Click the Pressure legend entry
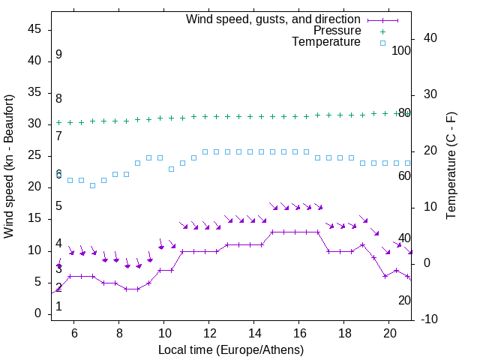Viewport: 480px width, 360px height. coord(337,31)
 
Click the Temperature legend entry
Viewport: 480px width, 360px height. coord(326,42)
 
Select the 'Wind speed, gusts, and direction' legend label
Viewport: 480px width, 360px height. coord(274,19)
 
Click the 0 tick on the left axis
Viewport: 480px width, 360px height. coord(37,313)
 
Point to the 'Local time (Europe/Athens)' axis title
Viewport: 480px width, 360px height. coord(231,349)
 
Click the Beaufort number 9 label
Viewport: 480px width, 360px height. coord(58,55)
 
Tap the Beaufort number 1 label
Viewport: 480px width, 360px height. coord(58,306)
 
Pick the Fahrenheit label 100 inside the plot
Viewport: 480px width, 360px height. coord(401,50)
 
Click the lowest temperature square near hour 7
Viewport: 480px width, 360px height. coord(93,185)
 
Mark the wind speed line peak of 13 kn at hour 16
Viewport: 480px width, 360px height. coord(295,232)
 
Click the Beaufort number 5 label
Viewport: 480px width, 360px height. coord(58,206)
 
